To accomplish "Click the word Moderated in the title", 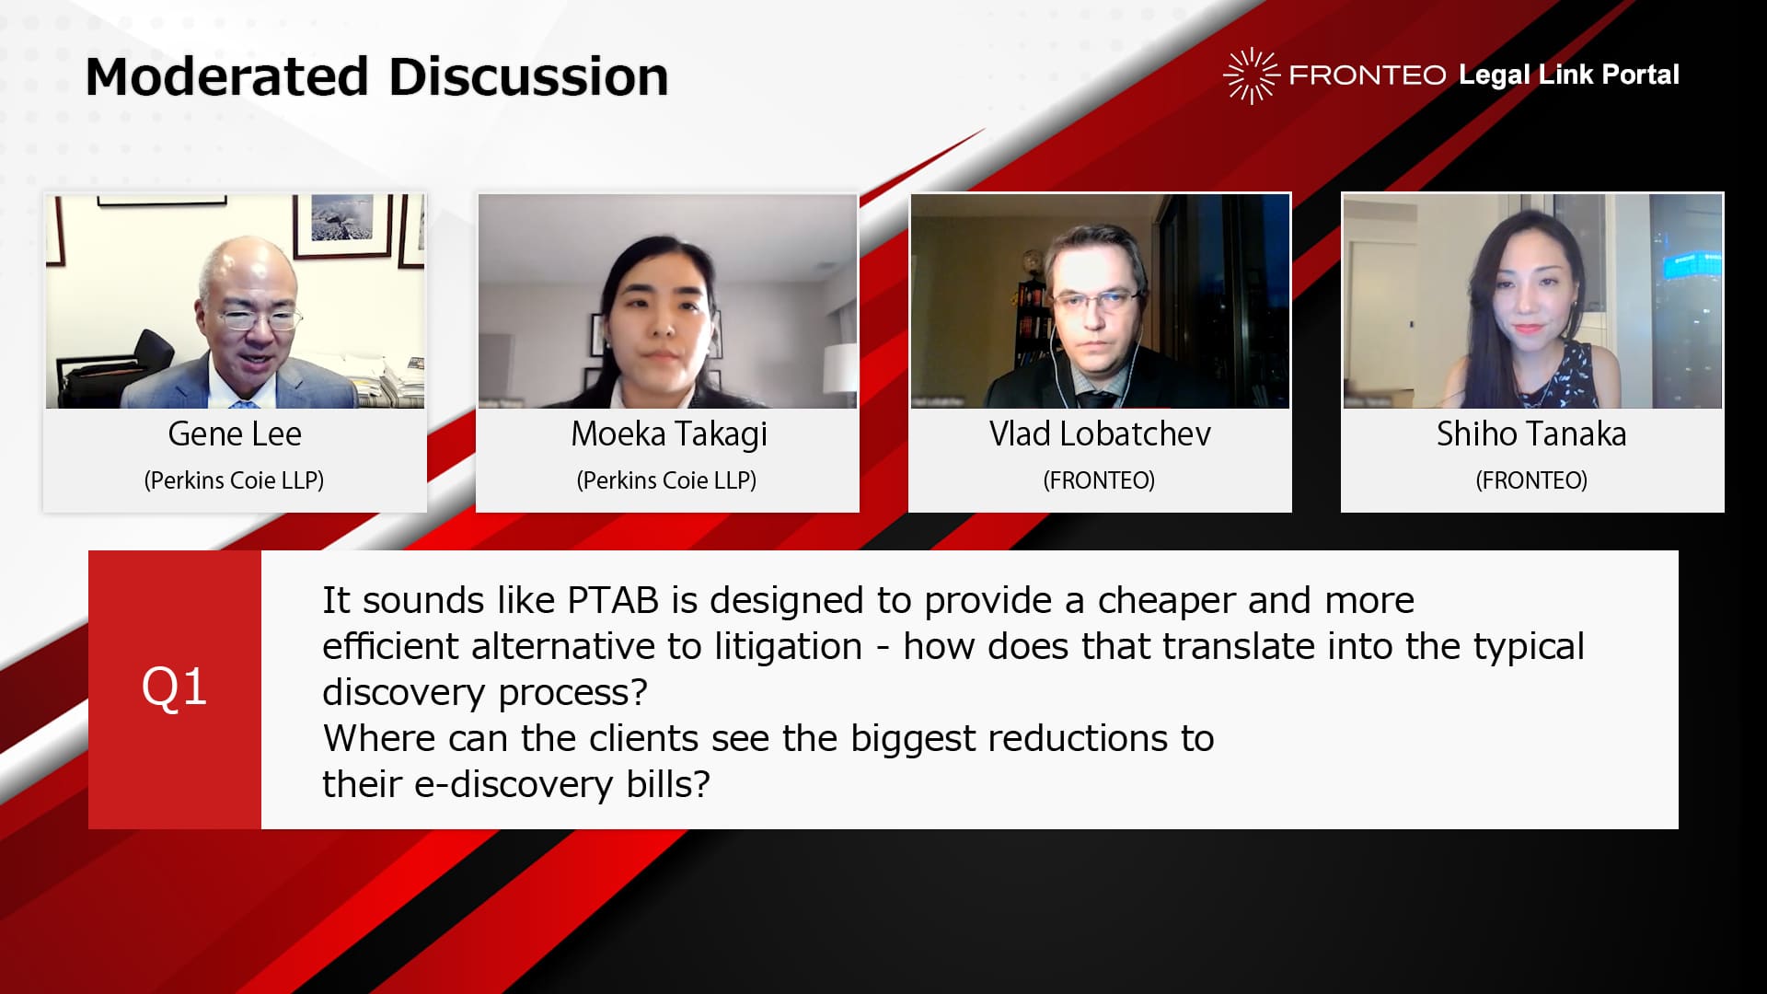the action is click(227, 76).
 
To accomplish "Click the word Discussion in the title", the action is click(528, 76).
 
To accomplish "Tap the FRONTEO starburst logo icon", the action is click(1251, 75).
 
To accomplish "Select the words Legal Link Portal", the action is click(1569, 75).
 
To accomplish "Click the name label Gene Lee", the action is click(235, 433).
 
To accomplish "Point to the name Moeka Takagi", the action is click(669, 434).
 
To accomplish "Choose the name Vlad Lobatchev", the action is click(1100, 433).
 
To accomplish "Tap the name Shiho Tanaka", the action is click(1531, 433).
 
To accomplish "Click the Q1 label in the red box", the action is click(174, 688).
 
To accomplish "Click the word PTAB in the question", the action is click(613, 600).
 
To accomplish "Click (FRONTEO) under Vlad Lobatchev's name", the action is click(1099, 480).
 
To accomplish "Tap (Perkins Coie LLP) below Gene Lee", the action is click(234, 480).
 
